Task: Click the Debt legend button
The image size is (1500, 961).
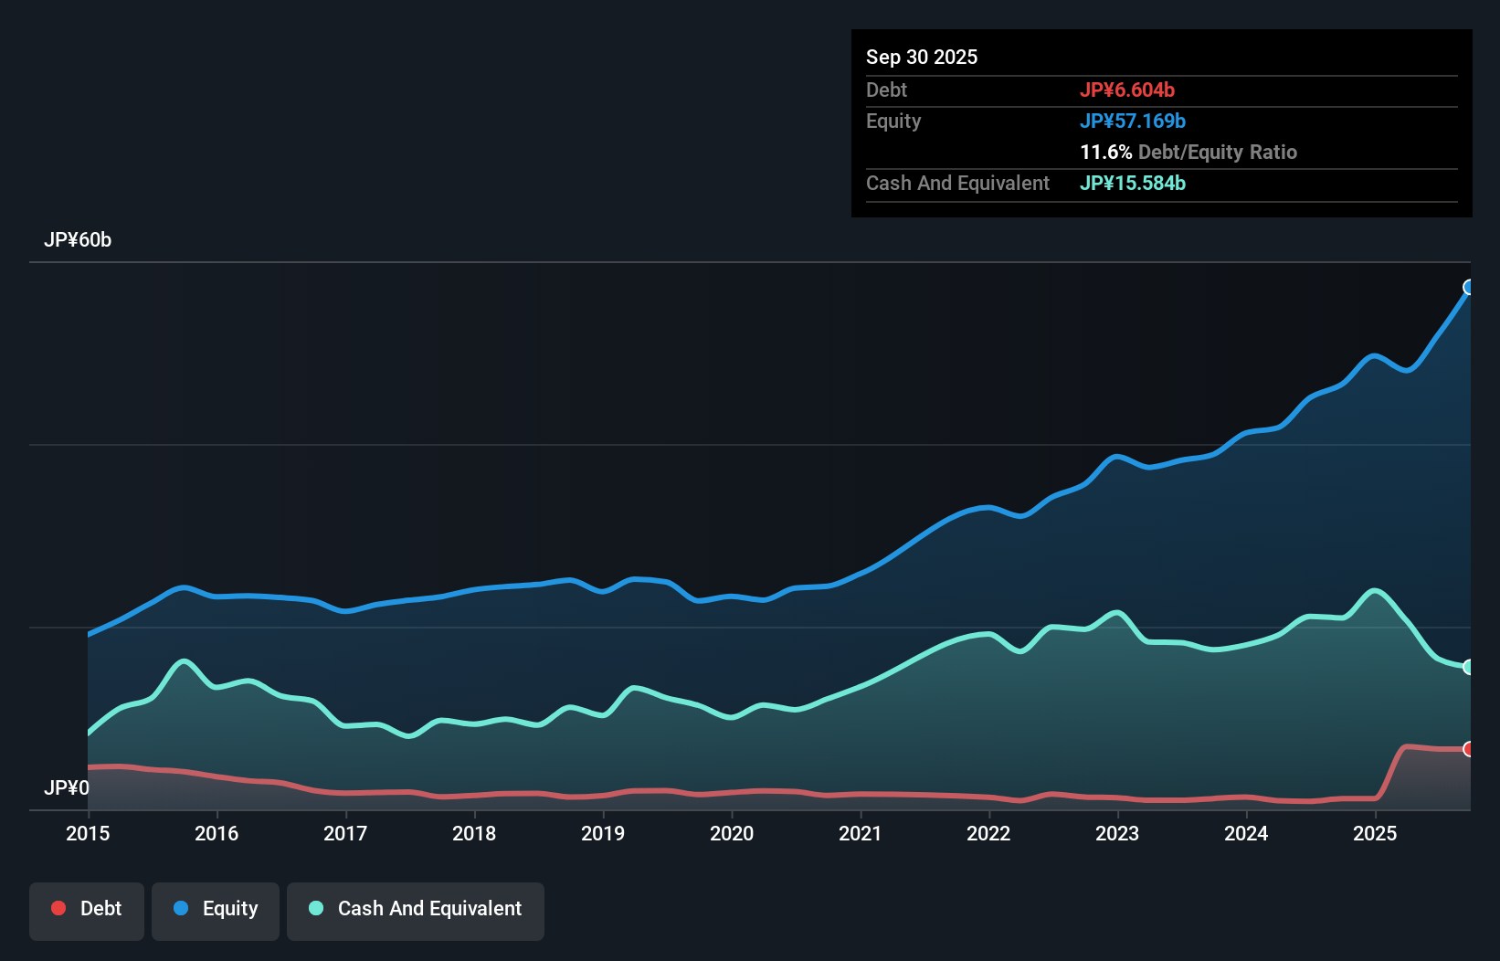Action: [87, 910]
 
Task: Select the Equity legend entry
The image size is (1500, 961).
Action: [216, 910]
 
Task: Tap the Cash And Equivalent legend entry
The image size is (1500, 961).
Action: [416, 910]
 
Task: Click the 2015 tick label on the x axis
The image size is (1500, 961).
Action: [88, 833]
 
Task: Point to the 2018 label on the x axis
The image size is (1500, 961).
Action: [474, 833]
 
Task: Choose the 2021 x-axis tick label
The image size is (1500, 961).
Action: [861, 833]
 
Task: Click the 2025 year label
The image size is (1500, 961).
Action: [1375, 833]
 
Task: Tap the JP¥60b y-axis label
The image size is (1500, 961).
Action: [78, 240]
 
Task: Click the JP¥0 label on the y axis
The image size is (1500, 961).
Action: [67, 787]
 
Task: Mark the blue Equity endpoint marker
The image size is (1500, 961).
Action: [1469, 288]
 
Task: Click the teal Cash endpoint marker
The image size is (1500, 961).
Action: [1469, 667]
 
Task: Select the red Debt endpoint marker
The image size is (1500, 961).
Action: [1469, 749]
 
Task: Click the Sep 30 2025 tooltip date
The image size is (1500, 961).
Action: [922, 58]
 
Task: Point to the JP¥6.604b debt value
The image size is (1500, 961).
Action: [1127, 90]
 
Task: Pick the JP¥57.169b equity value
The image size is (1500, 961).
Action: [1133, 121]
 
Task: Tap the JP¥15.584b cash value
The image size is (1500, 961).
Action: [1133, 184]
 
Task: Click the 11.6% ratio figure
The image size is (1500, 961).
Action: [1105, 153]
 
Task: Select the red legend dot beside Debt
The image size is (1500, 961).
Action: [58, 908]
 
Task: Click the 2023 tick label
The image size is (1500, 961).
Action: [1117, 833]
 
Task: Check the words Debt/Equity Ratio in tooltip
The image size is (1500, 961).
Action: [1217, 153]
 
